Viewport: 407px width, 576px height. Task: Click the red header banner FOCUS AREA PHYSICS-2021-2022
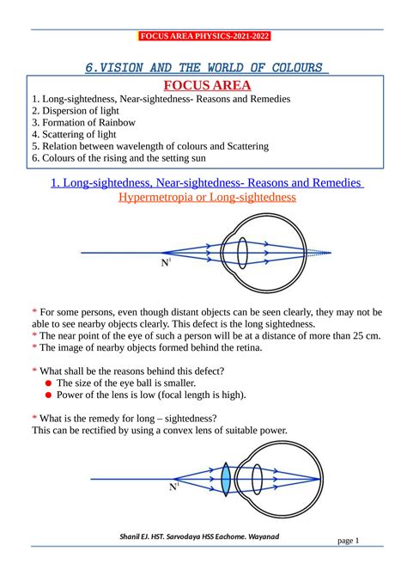tap(203, 36)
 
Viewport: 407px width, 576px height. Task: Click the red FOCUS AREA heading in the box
tap(203, 85)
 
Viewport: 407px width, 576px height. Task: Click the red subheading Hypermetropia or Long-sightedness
tap(203, 197)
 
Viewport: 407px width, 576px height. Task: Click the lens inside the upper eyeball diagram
tap(243, 253)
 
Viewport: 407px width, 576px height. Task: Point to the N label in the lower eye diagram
tap(173, 487)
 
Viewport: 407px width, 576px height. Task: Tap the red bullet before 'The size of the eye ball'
tap(49, 383)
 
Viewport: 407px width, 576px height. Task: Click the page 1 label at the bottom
tap(348, 540)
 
